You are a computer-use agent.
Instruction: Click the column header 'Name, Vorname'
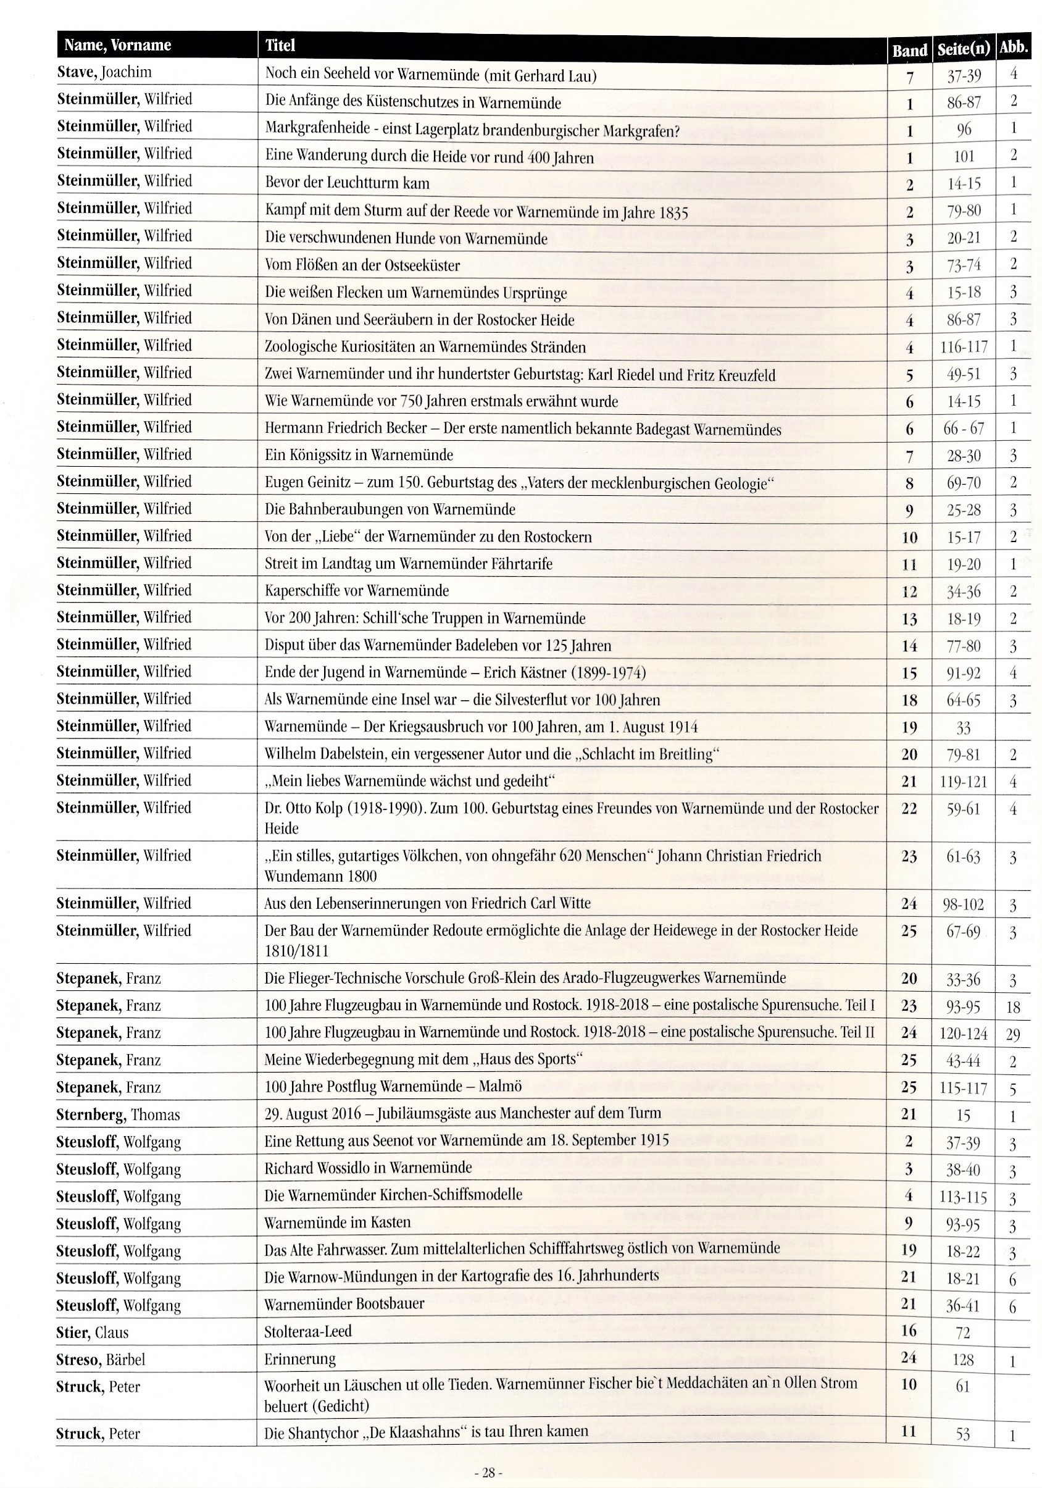117,45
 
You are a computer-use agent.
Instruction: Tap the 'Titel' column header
280,45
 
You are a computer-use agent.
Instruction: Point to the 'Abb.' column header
1014,48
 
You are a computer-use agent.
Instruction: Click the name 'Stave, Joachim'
104,72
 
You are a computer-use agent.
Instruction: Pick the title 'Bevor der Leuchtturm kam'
347,183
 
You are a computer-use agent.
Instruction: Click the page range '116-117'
964,347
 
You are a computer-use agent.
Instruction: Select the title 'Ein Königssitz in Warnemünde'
359,454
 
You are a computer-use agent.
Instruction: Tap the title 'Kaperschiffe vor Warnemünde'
356,590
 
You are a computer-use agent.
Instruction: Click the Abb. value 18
1013,1006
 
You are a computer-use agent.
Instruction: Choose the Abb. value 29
1013,1034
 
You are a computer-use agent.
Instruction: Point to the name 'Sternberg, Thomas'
117,1114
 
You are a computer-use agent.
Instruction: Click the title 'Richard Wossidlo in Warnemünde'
367,1167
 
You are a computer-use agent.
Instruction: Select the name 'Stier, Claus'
92,1332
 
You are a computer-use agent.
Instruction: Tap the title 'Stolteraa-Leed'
307,1331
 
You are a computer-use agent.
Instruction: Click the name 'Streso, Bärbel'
100,1359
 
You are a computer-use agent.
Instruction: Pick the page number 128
963,1359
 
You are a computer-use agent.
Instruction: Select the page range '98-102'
963,904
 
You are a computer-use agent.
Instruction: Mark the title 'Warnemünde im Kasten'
337,1223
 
